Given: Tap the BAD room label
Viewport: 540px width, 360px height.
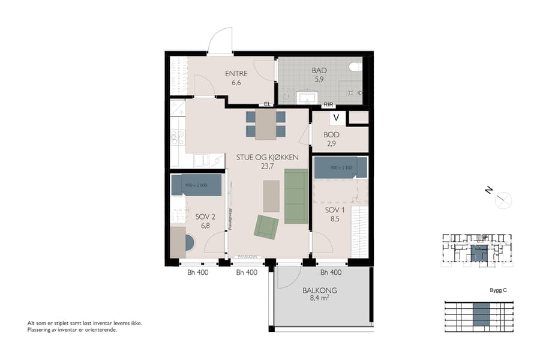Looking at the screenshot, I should coord(319,71).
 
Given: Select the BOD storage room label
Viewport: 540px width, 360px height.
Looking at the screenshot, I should coord(332,135).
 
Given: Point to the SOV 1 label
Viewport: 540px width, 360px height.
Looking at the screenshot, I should coord(335,211).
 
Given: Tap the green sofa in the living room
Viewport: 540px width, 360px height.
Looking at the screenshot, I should coord(296,196).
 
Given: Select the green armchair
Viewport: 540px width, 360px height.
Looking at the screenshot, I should coord(266,226).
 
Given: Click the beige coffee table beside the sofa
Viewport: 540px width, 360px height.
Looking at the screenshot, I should coord(271,196).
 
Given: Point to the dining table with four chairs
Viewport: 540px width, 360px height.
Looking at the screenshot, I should coord(266,124).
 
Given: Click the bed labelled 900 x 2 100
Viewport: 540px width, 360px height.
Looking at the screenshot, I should coord(340,167).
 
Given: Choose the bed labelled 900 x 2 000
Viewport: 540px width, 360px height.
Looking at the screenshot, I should coord(196,185).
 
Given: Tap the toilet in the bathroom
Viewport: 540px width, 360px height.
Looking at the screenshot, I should coord(356,66).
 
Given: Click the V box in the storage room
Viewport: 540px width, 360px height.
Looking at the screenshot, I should coord(336,118).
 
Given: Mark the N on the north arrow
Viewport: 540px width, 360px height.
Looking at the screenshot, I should coord(490,191).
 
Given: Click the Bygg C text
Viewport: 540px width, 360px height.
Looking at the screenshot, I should coord(498,290).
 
